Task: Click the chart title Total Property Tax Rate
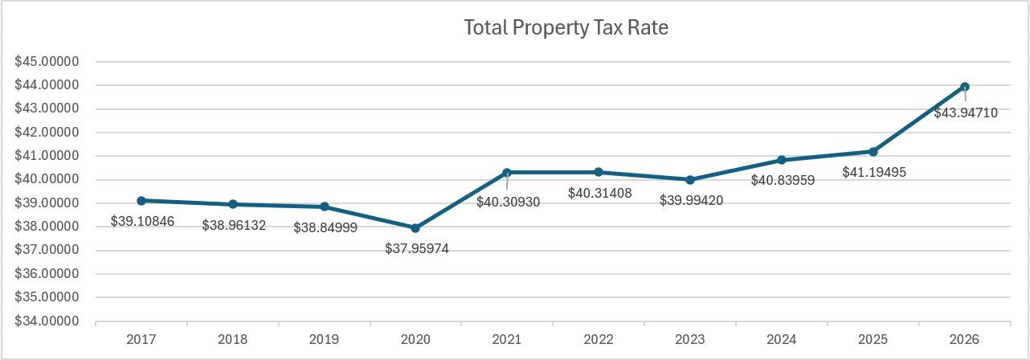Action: tap(566, 27)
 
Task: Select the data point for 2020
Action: tap(415, 228)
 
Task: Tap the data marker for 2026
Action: tap(965, 87)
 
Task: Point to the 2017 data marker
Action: tap(141, 201)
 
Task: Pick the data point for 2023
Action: tap(690, 180)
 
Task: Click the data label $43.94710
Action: tap(965, 113)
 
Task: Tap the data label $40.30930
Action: tap(508, 202)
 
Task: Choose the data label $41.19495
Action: tap(874, 172)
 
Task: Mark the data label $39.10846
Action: tap(142, 221)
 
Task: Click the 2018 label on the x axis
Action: tap(233, 340)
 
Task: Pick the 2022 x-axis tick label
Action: tap(599, 340)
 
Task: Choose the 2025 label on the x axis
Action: tap(873, 340)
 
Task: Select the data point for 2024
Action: tap(782, 160)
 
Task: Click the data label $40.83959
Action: tap(783, 181)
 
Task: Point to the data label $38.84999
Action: tap(325, 227)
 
